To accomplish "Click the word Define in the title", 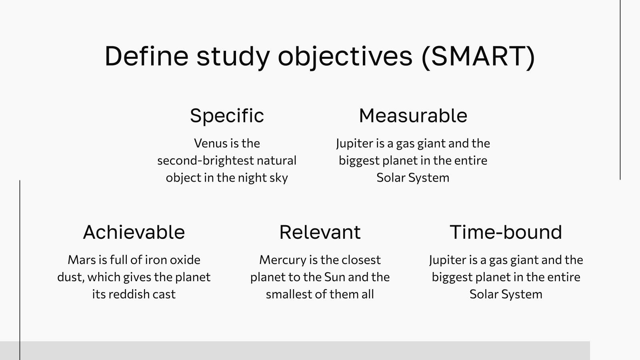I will (146, 56).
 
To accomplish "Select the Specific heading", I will (227, 116).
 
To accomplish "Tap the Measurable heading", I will (413, 116).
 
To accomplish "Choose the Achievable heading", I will (134, 232).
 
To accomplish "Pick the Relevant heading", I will (320, 232).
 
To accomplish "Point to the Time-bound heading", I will (506, 232).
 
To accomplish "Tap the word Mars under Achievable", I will (82, 260).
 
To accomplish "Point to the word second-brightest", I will (205, 160).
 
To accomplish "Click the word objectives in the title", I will (345, 56).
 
